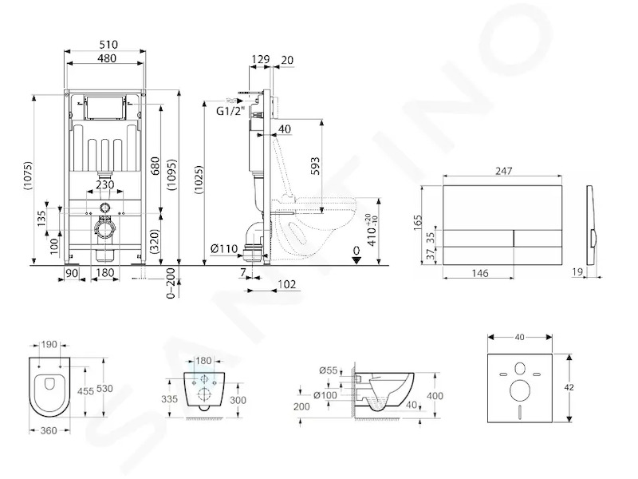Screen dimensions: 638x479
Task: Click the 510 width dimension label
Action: click(x=108, y=44)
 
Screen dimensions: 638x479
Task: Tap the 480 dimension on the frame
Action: click(x=107, y=58)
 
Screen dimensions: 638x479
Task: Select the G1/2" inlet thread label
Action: click(x=230, y=111)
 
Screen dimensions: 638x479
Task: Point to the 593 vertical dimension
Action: click(x=315, y=166)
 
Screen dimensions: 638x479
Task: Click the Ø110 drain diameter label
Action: click(x=224, y=248)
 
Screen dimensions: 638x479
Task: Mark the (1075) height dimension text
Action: click(x=28, y=176)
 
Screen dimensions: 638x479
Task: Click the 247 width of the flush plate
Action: click(x=503, y=171)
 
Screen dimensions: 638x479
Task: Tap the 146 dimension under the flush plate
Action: click(x=480, y=273)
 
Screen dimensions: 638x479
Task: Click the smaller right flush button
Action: click(x=538, y=238)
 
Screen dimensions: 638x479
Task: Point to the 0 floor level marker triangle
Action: click(x=356, y=260)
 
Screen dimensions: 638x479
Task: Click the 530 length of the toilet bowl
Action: click(x=104, y=389)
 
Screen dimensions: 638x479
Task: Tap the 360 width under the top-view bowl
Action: click(x=49, y=430)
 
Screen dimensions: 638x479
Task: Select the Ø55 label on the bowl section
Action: click(x=329, y=370)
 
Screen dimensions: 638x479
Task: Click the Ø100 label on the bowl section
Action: click(x=325, y=394)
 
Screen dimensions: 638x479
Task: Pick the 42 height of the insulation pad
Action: click(x=569, y=387)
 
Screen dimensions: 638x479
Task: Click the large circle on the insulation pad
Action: click(x=520, y=390)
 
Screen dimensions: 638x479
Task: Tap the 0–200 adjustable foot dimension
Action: click(x=171, y=283)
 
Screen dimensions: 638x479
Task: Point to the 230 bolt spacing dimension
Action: click(x=105, y=184)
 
